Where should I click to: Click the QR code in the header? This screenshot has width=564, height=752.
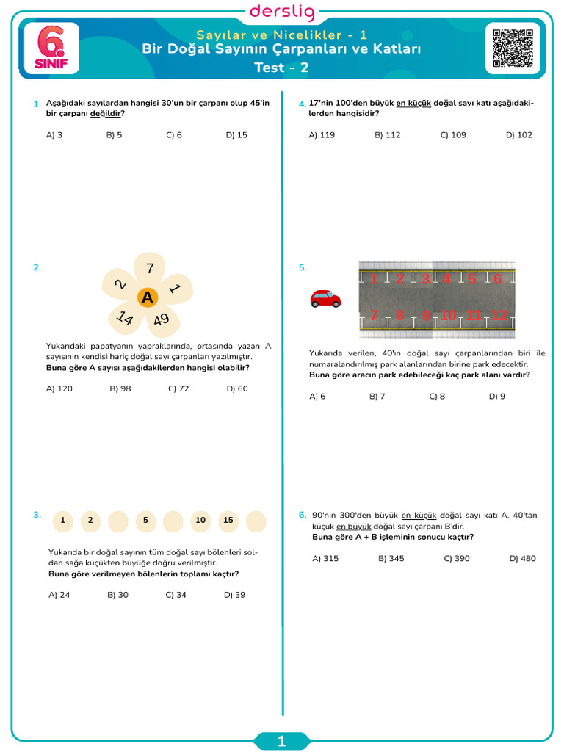click(513, 48)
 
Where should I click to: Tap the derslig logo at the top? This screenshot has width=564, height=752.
click(282, 12)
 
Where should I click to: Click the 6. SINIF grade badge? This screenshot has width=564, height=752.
click(51, 48)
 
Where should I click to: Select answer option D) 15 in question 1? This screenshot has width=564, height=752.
click(236, 135)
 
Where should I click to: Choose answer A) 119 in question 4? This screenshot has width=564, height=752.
click(322, 135)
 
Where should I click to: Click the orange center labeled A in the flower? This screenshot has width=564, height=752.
click(148, 297)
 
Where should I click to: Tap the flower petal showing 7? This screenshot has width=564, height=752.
click(150, 268)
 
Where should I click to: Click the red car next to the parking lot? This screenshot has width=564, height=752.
click(325, 298)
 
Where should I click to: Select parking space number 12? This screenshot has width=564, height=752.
click(499, 315)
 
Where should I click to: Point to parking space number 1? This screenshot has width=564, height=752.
click(374, 279)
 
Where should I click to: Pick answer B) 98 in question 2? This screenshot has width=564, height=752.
click(120, 389)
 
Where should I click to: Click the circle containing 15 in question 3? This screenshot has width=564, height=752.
click(228, 521)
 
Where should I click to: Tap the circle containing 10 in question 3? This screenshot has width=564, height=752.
click(200, 521)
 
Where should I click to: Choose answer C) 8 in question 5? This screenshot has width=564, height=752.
click(437, 397)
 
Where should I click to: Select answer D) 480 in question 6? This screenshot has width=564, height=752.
click(522, 559)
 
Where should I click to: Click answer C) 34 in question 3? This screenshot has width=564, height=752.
click(176, 596)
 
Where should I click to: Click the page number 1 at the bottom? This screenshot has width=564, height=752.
click(282, 742)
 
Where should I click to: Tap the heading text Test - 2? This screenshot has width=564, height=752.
click(282, 68)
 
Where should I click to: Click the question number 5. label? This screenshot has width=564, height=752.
click(303, 268)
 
